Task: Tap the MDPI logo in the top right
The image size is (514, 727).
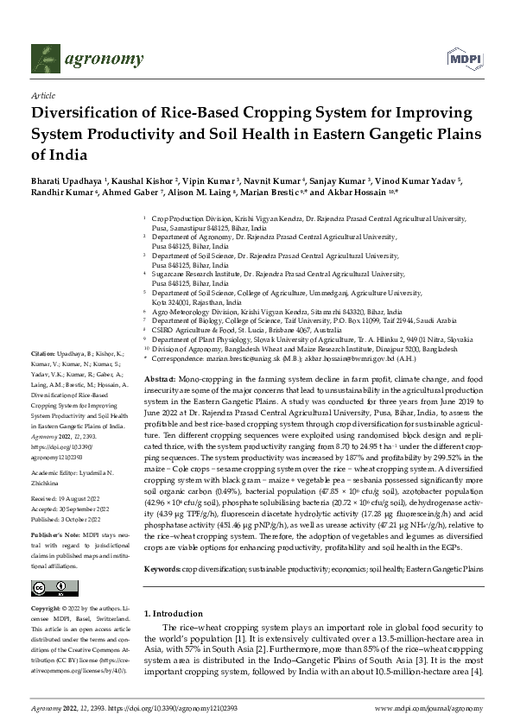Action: [462, 59]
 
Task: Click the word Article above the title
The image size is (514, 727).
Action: [42, 98]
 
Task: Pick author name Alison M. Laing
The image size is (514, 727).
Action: [213, 194]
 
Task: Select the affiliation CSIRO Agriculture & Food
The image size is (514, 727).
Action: [198, 330]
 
